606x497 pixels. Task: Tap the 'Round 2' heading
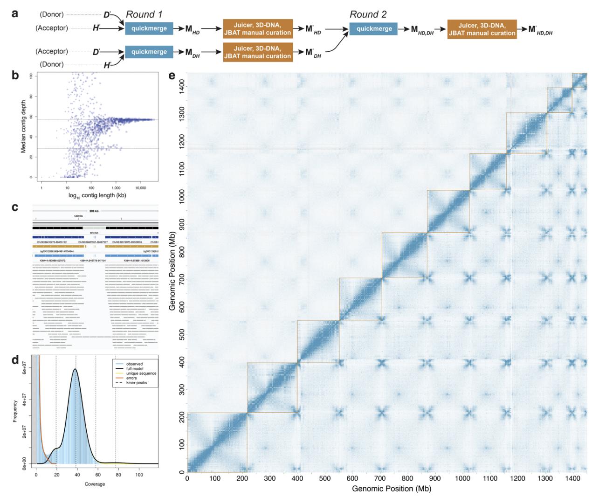[x=368, y=14]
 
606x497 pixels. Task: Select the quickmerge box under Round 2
[x=374, y=29]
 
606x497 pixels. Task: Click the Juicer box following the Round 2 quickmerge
[x=482, y=29]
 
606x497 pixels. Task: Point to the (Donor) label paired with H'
[x=51, y=64]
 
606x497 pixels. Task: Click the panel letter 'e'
[x=172, y=76]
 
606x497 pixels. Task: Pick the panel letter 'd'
[x=15, y=360]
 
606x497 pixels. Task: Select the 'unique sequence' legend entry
[x=141, y=373]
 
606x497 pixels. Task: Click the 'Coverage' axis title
[x=95, y=484]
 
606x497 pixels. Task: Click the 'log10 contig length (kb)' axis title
[x=97, y=195]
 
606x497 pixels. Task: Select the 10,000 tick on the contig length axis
[x=140, y=188]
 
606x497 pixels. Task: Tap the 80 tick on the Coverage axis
[x=118, y=475]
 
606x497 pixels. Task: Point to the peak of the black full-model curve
[x=75, y=369]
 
